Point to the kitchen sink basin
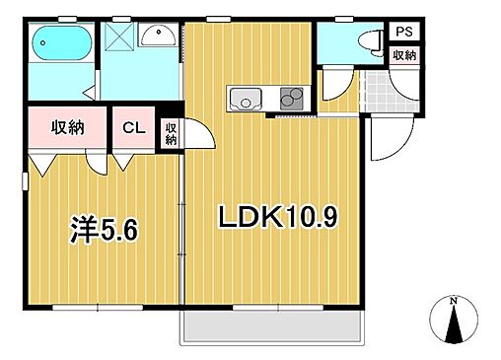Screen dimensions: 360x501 [x=245, y=99]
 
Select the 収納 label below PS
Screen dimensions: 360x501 [x=403, y=55]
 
